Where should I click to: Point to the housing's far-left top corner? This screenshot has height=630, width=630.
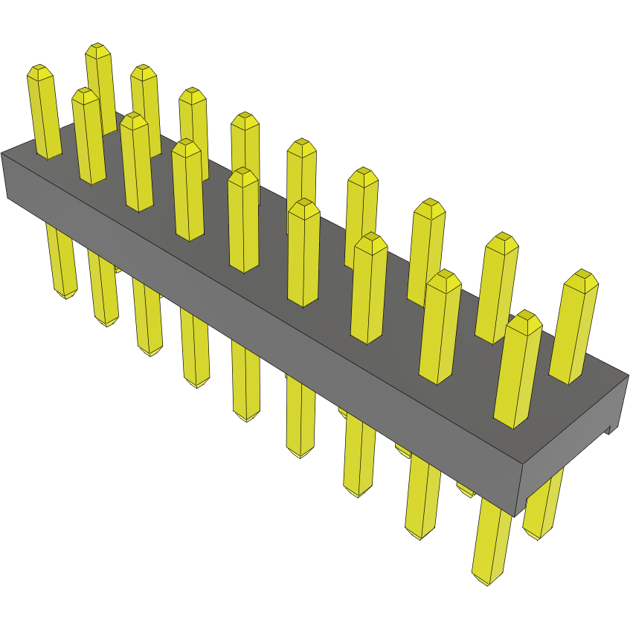tap(2, 154)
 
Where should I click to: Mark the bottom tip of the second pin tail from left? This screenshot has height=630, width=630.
tap(108, 322)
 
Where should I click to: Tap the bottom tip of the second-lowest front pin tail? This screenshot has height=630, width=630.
tap(420, 535)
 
